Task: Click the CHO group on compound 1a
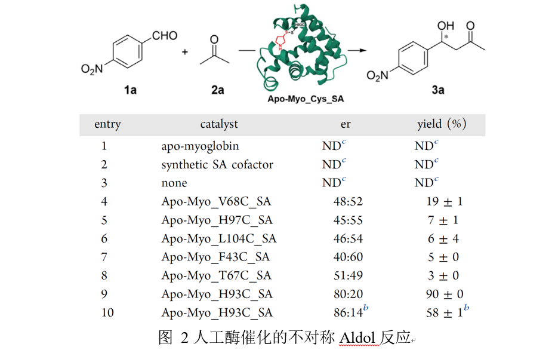(x=165, y=35)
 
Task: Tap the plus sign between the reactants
(x=185, y=53)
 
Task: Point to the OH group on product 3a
(x=445, y=26)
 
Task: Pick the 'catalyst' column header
(x=219, y=124)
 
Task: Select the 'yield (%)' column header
(x=442, y=124)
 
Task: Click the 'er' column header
(x=346, y=124)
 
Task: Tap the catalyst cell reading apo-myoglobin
(x=200, y=146)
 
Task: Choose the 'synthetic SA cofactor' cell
(x=217, y=164)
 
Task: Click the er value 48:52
(x=348, y=201)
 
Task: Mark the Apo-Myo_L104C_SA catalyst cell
(x=218, y=238)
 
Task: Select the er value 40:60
(x=348, y=257)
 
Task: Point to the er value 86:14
(x=347, y=312)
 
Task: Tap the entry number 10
(x=107, y=312)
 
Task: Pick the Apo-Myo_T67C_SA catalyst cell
(x=216, y=275)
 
